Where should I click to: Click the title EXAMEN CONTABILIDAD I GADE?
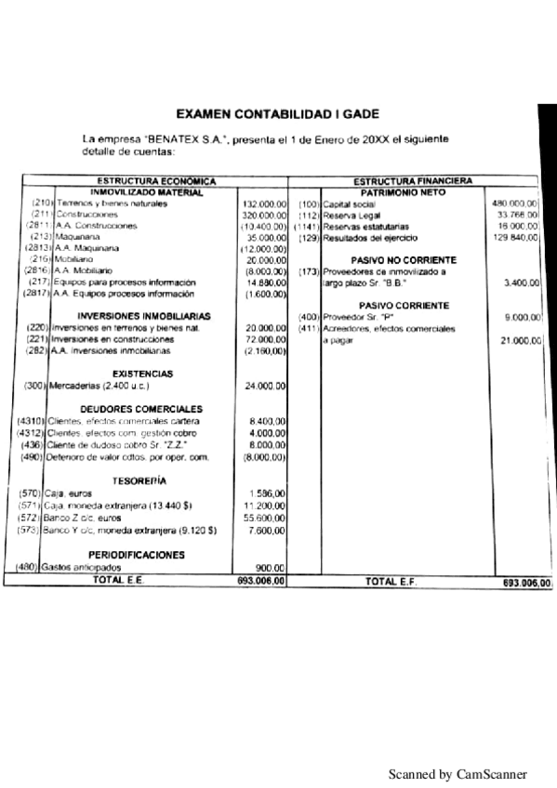point(277,113)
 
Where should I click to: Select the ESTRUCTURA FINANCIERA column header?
point(413,180)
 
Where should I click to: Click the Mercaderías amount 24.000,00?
point(265,386)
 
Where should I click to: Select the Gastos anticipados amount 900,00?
point(269,568)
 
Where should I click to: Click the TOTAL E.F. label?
point(390,581)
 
